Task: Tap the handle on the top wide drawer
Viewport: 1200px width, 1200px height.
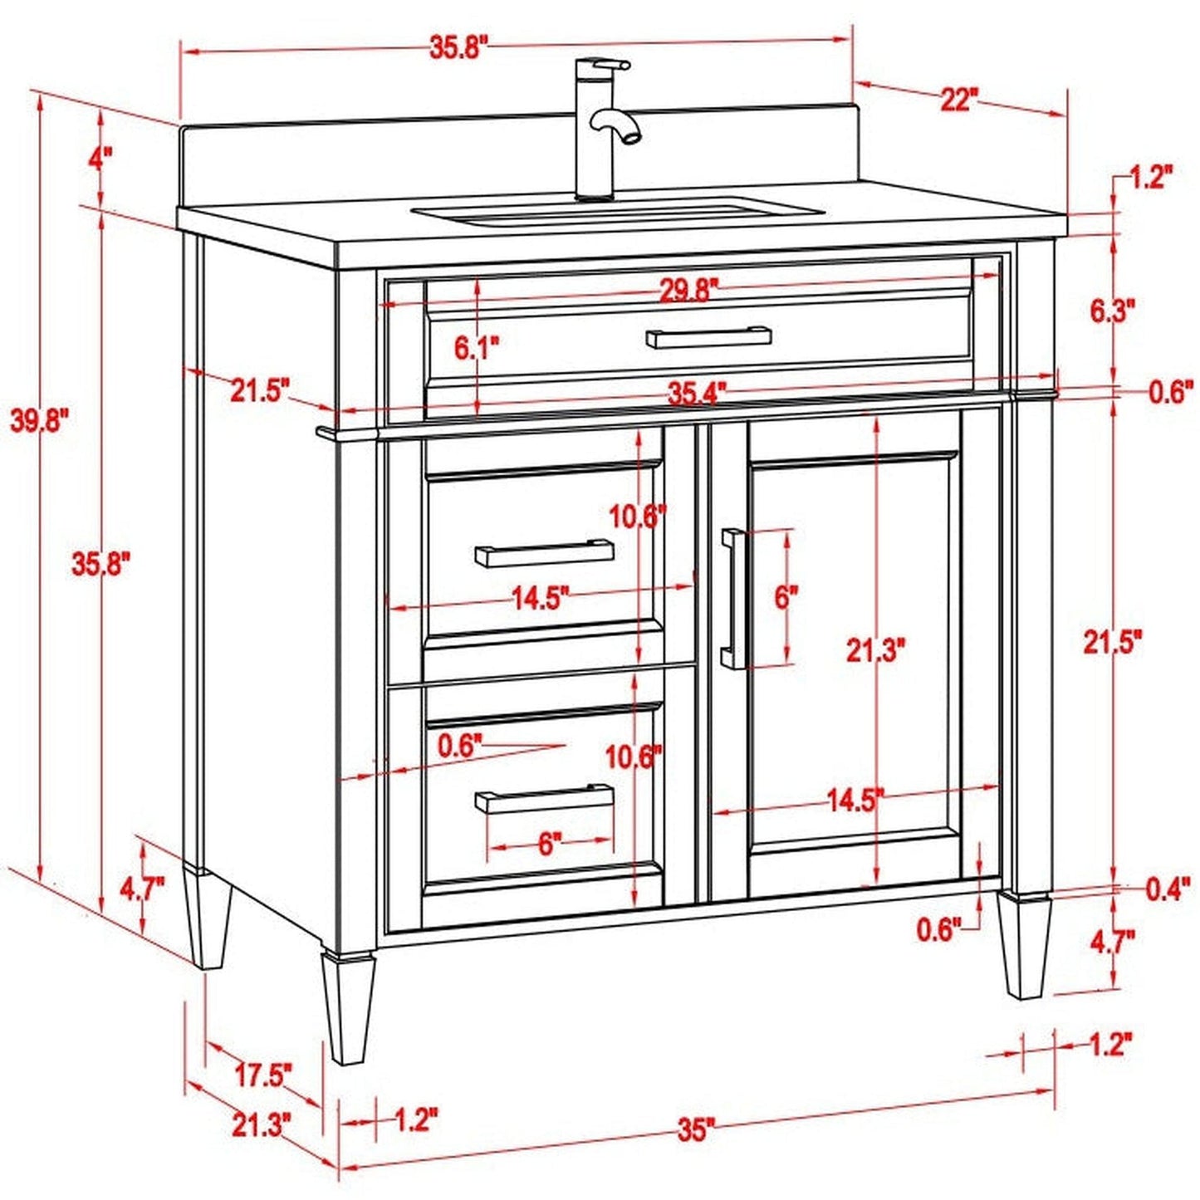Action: tap(708, 336)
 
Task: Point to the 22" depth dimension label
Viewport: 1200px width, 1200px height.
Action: tap(957, 100)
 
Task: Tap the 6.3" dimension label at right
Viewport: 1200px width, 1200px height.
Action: tap(1112, 311)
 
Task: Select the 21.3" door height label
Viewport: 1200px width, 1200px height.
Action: tap(875, 651)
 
